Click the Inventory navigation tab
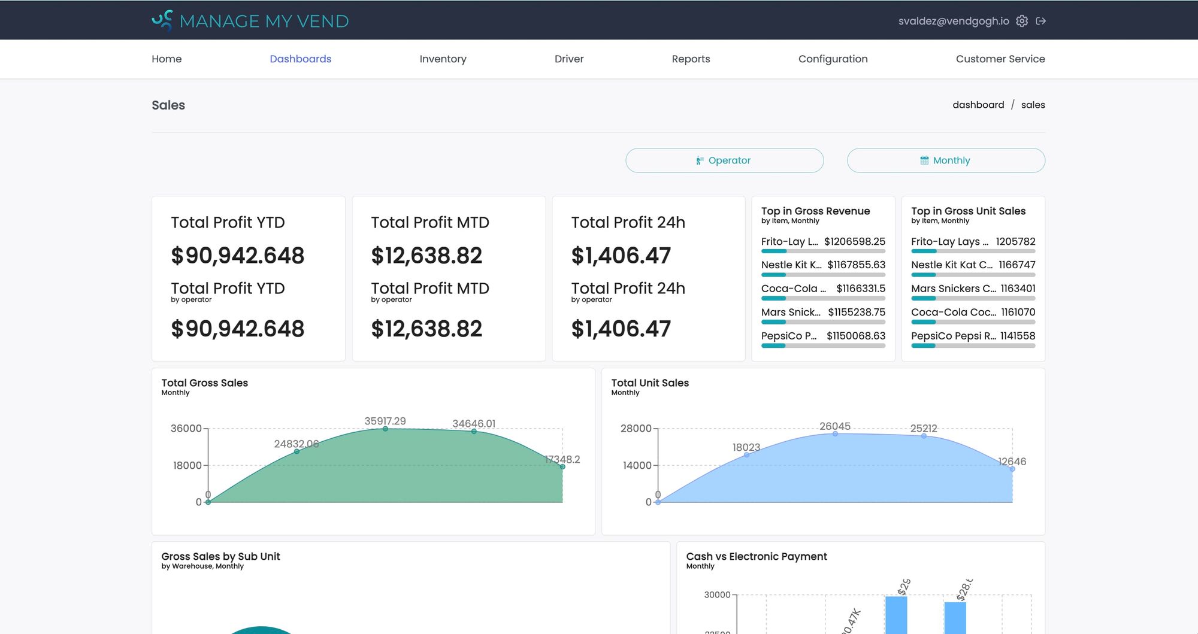pos(443,59)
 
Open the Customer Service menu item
pos(1000,59)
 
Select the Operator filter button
pos(724,160)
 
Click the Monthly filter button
pos(946,160)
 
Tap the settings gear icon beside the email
pos(1022,21)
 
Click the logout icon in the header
pos(1041,21)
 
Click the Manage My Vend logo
pos(250,21)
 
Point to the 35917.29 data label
pos(385,421)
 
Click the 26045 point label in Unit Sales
pos(834,426)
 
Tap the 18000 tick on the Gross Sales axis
pos(187,465)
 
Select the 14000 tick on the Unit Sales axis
pos(637,465)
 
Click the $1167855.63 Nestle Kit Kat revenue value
pos(856,265)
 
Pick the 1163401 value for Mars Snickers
pos(1018,289)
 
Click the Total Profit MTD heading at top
pos(429,223)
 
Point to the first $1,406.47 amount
pos(621,256)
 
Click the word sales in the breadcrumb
pos(1033,105)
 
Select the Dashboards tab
pos(300,59)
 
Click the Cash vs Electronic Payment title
pos(756,556)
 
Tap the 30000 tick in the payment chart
pos(716,594)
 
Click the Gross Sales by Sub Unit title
pos(220,556)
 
